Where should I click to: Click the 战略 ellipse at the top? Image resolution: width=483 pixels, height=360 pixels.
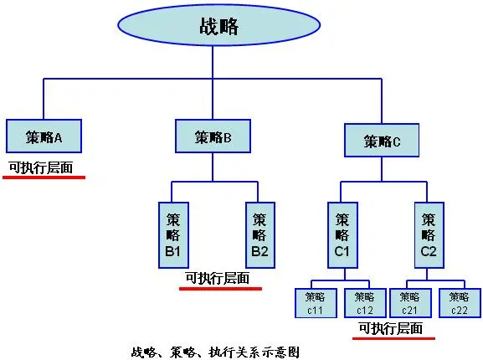218,25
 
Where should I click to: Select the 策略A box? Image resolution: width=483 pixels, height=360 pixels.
44,136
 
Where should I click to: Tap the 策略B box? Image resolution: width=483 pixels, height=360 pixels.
213,136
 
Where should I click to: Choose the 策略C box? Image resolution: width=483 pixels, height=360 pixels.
382,141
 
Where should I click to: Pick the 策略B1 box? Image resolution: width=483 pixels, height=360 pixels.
173,235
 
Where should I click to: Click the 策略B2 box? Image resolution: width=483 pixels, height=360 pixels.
260,235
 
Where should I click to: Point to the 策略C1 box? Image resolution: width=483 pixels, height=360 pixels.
342,235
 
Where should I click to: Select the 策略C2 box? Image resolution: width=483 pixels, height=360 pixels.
429,235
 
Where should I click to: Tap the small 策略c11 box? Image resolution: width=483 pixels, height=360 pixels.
316,303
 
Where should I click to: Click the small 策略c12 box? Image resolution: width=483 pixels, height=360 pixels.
365,303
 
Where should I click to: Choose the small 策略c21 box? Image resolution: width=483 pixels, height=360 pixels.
410,303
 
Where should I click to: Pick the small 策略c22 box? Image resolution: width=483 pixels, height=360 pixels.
460,303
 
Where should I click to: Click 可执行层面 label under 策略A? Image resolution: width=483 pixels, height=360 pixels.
41,167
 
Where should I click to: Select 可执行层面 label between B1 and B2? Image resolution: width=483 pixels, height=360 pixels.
218,279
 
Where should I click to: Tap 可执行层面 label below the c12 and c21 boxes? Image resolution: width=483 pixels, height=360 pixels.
391,328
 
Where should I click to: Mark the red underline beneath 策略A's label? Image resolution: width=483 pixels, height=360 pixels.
44,177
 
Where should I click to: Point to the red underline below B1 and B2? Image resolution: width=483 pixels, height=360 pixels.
220,289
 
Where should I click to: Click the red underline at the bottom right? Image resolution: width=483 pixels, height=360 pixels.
393,338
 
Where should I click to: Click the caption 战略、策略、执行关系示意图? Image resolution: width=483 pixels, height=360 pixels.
215,352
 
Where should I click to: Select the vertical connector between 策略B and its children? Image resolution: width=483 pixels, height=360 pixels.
213,167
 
